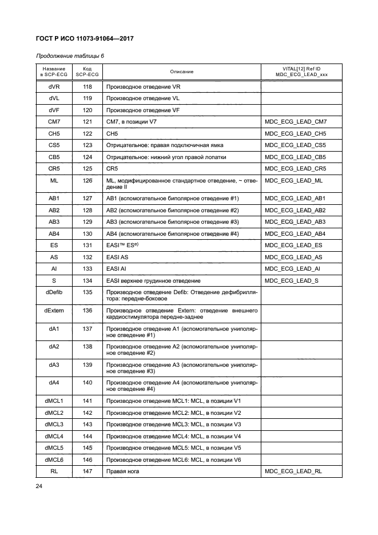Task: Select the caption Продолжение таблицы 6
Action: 69,56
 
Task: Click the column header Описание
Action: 181,72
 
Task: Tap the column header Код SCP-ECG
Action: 87,72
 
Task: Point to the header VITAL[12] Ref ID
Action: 301,69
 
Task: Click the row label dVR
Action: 54,86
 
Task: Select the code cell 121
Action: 87,121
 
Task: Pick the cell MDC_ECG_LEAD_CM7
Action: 296,121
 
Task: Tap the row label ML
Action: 54,181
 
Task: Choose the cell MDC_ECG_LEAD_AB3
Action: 296,221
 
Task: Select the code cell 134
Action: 87,280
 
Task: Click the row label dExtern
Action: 54,310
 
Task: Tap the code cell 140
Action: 87,382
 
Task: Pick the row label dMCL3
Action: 54,424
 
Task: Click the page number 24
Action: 40,487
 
